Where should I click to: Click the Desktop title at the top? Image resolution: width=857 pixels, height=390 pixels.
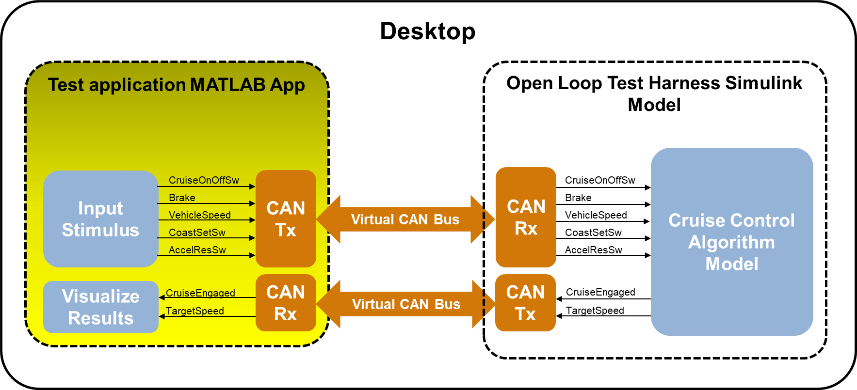click(428, 31)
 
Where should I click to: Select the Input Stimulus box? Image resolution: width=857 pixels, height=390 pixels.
click(100, 219)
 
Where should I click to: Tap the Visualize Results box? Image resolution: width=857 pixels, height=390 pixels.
click(101, 307)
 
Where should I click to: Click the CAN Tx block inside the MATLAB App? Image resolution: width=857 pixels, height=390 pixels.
click(286, 218)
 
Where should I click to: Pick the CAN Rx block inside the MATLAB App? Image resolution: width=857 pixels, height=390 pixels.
click(286, 303)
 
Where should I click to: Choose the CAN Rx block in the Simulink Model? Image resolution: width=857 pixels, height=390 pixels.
click(526, 217)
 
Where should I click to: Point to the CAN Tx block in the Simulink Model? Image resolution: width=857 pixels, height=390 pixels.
click(525, 303)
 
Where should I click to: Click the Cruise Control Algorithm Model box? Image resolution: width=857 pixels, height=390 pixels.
click(731, 242)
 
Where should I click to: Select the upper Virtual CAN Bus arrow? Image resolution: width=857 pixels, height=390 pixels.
click(405, 219)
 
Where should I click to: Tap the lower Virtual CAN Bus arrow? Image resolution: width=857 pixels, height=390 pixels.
click(406, 304)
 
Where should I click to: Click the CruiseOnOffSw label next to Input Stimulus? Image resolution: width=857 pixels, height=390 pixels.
click(204, 180)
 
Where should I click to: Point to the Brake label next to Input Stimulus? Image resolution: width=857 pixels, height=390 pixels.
click(182, 198)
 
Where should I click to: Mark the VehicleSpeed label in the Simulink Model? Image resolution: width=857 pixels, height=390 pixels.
click(596, 215)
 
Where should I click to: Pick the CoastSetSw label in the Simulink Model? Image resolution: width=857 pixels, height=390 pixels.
click(593, 233)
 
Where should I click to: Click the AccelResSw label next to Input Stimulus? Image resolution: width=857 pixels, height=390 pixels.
click(197, 250)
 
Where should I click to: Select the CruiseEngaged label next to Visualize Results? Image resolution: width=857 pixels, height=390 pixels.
click(200, 293)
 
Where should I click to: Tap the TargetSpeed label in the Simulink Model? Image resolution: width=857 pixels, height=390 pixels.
click(595, 311)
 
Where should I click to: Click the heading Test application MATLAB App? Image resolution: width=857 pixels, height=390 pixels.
click(177, 85)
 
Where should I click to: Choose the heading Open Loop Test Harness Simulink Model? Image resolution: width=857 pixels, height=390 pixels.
click(654, 94)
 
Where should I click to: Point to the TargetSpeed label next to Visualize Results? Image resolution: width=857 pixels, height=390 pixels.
click(195, 311)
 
